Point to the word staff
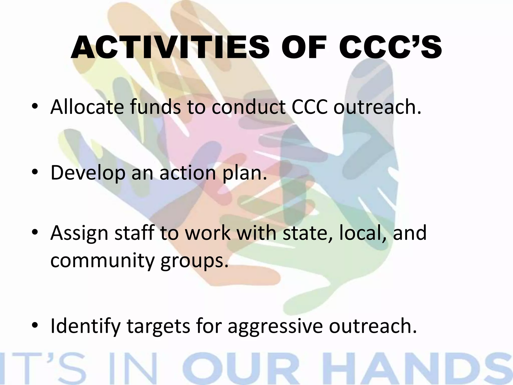click(134, 233)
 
